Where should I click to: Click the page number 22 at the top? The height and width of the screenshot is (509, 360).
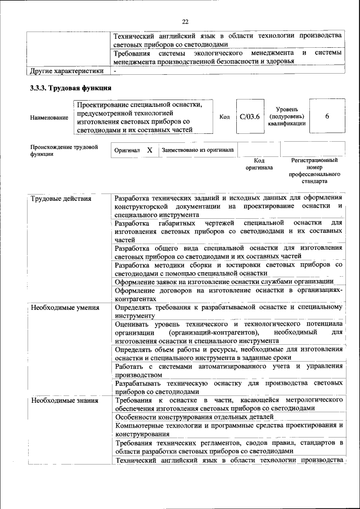(185, 21)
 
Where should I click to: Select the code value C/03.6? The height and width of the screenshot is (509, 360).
(249, 116)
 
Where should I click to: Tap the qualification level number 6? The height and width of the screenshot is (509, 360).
(326, 116)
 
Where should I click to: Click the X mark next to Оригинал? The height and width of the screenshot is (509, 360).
(150, 151)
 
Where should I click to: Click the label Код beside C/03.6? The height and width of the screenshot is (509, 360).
(224, 117)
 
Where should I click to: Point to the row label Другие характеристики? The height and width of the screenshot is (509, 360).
(66, 71)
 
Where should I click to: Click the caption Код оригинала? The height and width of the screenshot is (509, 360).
(259, 164)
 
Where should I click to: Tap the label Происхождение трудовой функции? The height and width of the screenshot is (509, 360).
(64, 150)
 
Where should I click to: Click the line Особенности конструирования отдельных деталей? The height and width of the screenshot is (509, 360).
(194, 417)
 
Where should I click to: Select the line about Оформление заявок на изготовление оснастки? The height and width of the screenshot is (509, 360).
(224, 281)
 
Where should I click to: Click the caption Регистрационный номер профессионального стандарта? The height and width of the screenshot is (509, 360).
(314, 171)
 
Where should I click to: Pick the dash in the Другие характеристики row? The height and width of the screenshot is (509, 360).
(115, 71)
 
